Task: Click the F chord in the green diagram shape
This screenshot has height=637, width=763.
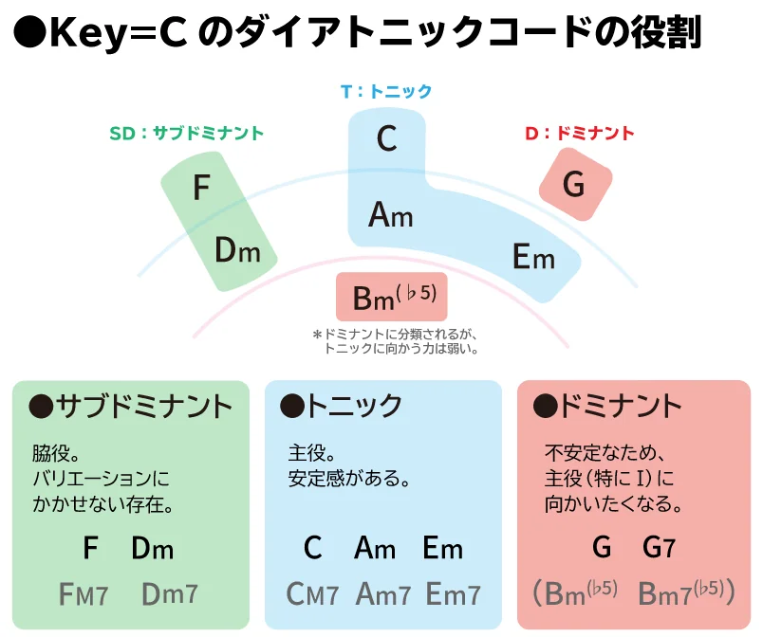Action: click(201, 188)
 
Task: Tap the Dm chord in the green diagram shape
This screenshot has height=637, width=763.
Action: click(237, 250)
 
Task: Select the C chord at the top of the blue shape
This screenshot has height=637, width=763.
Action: click(387, 138)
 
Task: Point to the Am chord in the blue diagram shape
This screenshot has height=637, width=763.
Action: click(391, 215)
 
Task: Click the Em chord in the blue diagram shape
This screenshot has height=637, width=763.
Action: click(533, 257)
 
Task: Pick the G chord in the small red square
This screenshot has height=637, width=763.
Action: click(574, 185)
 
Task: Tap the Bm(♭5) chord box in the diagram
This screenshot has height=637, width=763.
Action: click(392, 297)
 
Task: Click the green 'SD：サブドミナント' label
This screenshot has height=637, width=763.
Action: click(186, 133)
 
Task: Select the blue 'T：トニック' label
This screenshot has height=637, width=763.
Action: click(386, 91)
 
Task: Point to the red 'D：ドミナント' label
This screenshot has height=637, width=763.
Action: click(580, 133)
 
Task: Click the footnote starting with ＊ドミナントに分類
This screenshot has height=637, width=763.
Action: click(395, 341)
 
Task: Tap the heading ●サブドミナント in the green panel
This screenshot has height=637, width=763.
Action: click(130, 407)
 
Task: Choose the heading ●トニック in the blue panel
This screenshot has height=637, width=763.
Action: click(341, 407)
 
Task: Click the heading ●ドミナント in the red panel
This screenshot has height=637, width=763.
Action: click(606, 407)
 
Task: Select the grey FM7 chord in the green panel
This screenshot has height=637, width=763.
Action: click(84, 593)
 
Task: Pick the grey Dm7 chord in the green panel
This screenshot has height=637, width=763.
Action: click(170, 593)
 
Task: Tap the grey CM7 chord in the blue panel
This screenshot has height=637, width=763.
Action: click(312, 593)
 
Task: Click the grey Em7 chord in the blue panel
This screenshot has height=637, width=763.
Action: click(453, 593)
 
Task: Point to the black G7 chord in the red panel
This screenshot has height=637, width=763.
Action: click(659, 548)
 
